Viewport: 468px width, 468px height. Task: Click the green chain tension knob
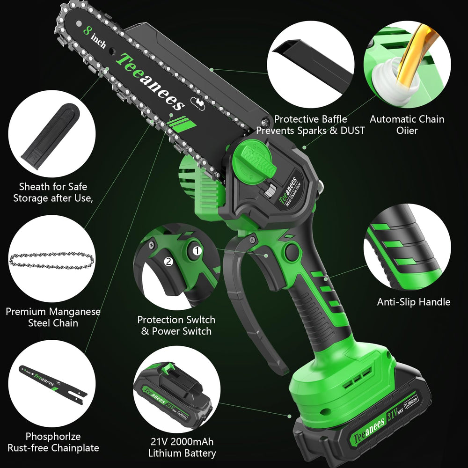[x=254, y=163]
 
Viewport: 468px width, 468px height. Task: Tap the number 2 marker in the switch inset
[x=168, y=262]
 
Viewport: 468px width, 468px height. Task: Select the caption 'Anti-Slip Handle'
[x=413, y=302]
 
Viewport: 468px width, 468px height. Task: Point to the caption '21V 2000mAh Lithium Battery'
[x=182, y=447]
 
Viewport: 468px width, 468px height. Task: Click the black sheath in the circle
[x=51, y=136]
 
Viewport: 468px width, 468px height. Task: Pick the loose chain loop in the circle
[x=51, y=260]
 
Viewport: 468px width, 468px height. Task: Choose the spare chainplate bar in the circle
[x=53, y=382]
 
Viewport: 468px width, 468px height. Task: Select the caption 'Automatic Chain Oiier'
[x=407, y=125]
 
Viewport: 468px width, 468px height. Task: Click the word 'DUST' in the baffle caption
[x=352, y=131]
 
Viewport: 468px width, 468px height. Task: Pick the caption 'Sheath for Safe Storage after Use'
[x=53, y=192]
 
